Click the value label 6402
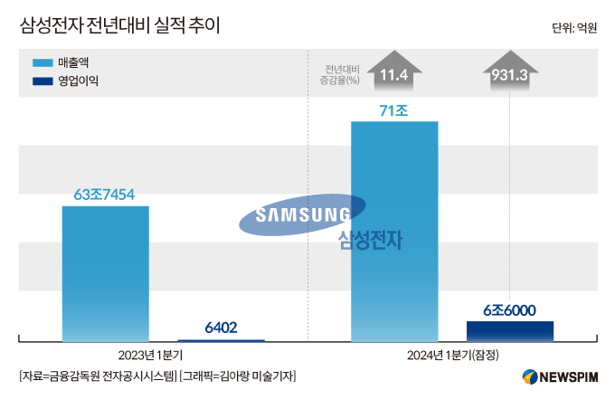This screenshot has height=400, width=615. coord(221,328)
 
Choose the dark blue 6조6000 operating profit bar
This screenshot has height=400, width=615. coord(510,331)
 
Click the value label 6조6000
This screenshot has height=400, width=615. coord(510,310)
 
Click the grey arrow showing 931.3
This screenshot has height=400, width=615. coord(510,72)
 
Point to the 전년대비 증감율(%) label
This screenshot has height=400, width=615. coord(341,74)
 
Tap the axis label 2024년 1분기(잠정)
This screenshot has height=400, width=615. coord(454,353)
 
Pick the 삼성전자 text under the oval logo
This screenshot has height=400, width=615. coord(370,240)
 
